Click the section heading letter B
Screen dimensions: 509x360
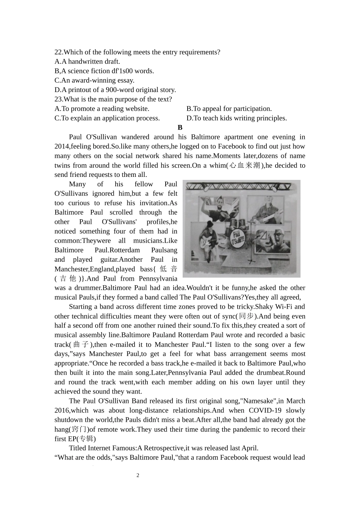click(x=180, y=128)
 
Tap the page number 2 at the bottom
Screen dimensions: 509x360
click(x=138, y=475)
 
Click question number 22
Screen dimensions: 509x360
click(x=58, y=52)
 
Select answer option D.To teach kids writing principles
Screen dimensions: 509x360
click(x=236, y=118)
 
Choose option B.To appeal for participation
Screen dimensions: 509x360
click(x=229, y=109)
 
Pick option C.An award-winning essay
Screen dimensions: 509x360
click(x=94, y=80)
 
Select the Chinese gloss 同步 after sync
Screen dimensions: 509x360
click(x=247, y=316)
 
